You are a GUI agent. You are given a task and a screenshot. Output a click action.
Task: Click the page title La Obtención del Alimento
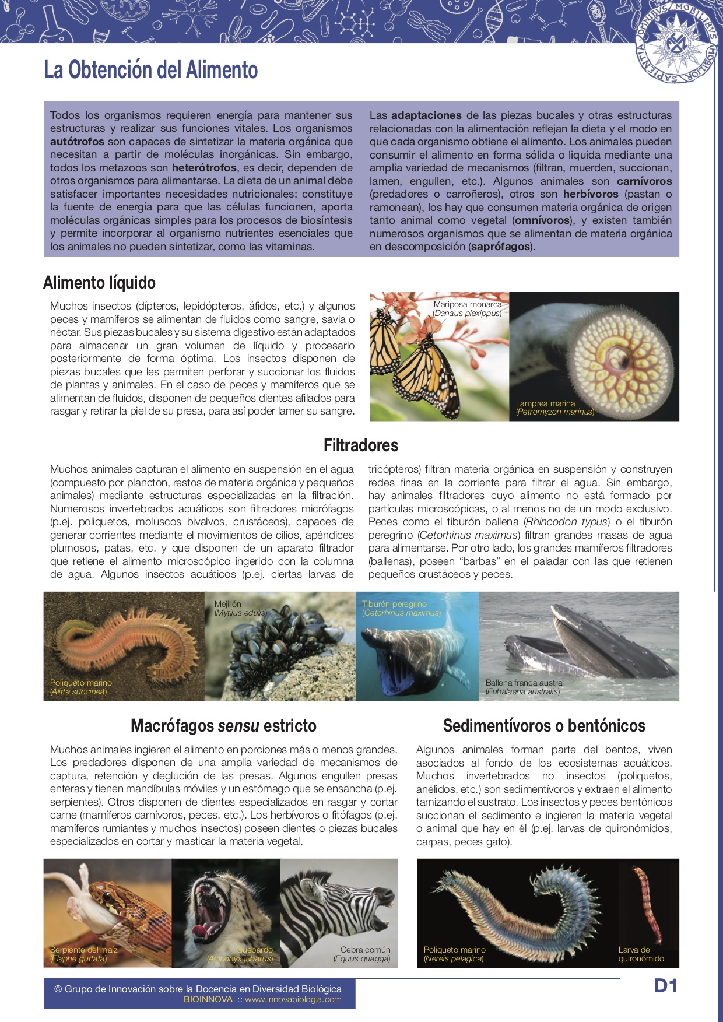150,70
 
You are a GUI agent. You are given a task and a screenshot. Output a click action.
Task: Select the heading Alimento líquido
99,283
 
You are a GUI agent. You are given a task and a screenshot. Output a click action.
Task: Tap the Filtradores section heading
361,445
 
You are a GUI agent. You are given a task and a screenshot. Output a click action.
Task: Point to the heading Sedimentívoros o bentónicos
544,726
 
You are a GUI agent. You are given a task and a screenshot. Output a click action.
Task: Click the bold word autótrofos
77,142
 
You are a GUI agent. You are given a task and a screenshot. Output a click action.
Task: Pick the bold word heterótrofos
204,168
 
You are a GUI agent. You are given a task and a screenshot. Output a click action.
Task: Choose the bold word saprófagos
500,247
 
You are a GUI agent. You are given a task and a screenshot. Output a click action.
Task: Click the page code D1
665,986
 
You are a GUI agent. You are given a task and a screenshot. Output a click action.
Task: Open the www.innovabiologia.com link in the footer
293,999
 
